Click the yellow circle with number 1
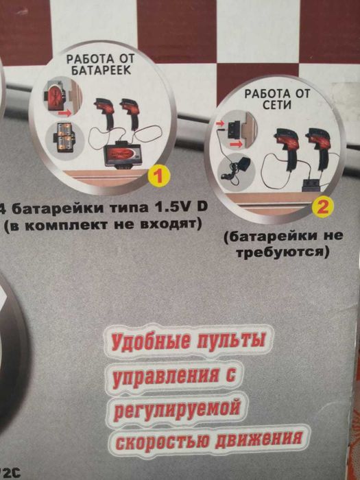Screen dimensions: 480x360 (x=159, y=177)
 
